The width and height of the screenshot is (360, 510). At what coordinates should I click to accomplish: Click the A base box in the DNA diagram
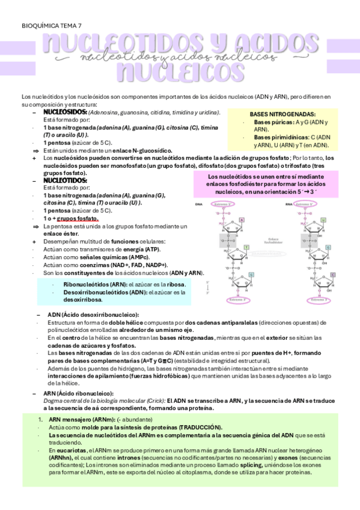coord(242,220)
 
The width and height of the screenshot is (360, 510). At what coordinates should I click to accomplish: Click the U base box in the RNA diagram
coord(323,220)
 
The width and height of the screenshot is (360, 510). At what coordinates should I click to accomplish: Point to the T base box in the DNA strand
coord(246,248)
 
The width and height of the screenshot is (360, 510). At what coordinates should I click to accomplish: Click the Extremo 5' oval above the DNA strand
coord(223,204)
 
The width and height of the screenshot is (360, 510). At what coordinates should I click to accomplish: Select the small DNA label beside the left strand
coord(199,205)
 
